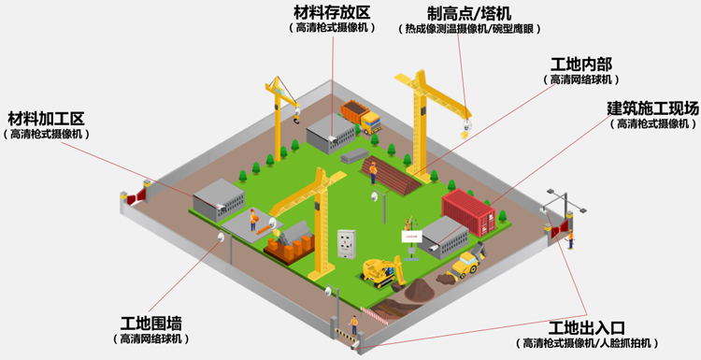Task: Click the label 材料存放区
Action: coord(332,12)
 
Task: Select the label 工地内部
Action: coord(580,65)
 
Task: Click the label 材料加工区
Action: coord(47,119)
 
